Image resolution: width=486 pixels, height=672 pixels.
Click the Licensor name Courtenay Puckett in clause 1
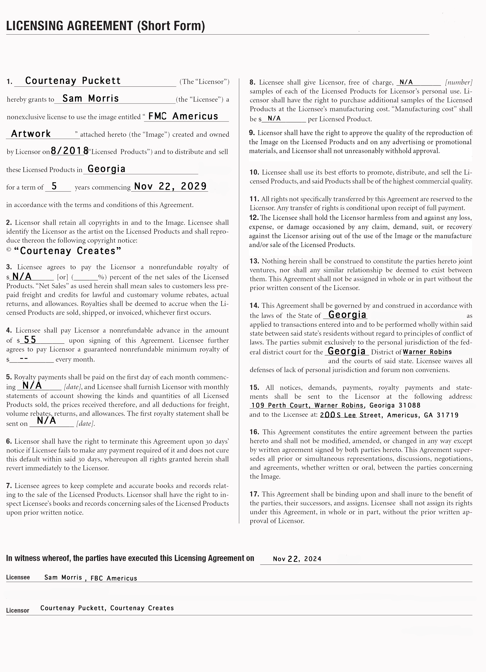click(x=73, y=81)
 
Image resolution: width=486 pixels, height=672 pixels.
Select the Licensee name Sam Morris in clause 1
click(x=90, y=98)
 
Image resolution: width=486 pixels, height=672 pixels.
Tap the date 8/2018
click(x=70, y=151)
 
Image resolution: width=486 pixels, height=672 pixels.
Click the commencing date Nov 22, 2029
click(x=170, y=186)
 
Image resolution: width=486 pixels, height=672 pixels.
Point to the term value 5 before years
click(x=54, y=186)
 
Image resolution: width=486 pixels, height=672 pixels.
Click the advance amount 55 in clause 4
click(x=30, y=340)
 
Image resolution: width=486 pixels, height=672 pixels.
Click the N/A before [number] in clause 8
click(x=406, y=82)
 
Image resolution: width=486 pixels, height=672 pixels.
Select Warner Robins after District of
click(x=427, y=352)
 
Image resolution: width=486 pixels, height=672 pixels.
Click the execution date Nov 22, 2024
click(x=297, y=559)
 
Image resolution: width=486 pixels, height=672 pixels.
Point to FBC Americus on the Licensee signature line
click(x=114, y=578)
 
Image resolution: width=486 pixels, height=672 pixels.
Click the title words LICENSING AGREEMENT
click(x=69, y=26)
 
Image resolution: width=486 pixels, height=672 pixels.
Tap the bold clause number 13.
click(x=254, y=261)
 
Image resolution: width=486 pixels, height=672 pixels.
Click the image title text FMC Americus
click(x=183, y=116)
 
